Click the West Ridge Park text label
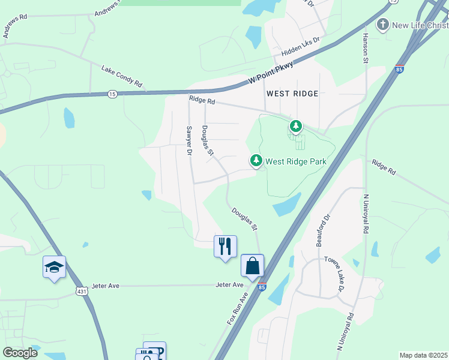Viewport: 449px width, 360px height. click(295, 161)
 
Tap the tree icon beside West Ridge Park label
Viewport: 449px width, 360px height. click(256, 160)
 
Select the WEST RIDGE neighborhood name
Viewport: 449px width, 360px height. click(292, 94)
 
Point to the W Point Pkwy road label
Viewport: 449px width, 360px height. click(271, 74)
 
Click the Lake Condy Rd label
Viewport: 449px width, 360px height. click(121, 75)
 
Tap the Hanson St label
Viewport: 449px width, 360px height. click(365, 47)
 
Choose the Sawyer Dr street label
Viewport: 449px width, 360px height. click(188, 140)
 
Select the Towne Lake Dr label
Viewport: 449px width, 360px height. click(334, 274)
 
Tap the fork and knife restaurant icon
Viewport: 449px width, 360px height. click(225, 246)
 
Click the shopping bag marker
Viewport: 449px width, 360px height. click(253, 266)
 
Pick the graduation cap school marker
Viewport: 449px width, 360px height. click(54, 268)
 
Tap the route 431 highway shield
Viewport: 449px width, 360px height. click(80, 290)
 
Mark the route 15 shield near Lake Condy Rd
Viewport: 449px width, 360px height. click(112, 94)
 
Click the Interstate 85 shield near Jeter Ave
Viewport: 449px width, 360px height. click(261, 287)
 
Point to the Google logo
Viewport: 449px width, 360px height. click(20, 353)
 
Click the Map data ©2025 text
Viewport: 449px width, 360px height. click(423, 355)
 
